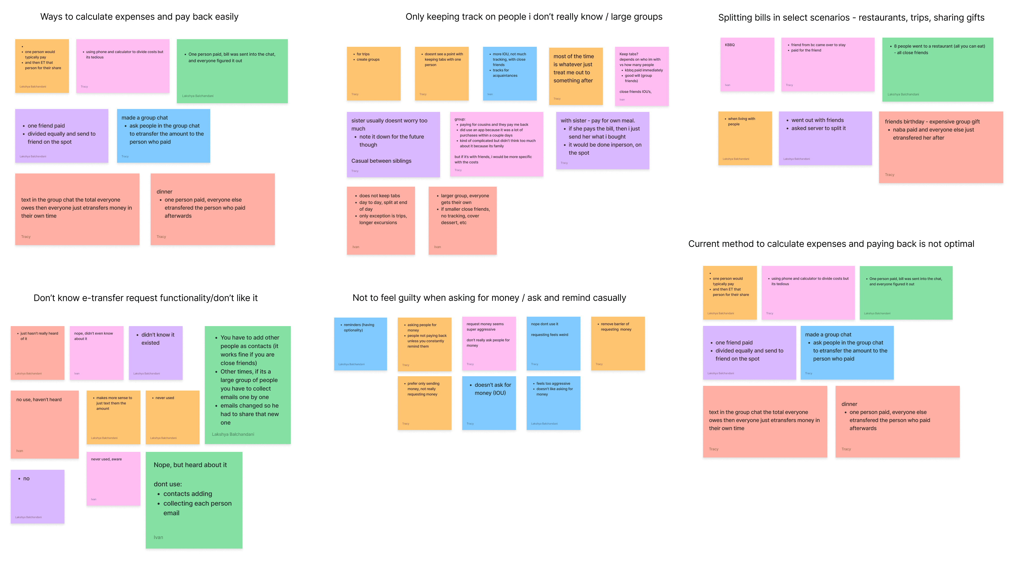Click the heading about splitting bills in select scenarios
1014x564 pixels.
851,18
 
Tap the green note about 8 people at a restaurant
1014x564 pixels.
937,70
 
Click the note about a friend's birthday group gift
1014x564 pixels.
940,147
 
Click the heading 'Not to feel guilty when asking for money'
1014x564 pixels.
489,298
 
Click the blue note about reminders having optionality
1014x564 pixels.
360,344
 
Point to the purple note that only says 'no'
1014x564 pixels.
37,496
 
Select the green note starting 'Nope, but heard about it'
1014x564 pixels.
194,500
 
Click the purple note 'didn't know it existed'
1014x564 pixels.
156,353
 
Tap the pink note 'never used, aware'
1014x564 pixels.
113,479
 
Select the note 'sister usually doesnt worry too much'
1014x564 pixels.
393,144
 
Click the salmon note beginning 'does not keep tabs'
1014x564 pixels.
381,220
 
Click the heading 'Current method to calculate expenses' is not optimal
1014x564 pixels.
831,244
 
